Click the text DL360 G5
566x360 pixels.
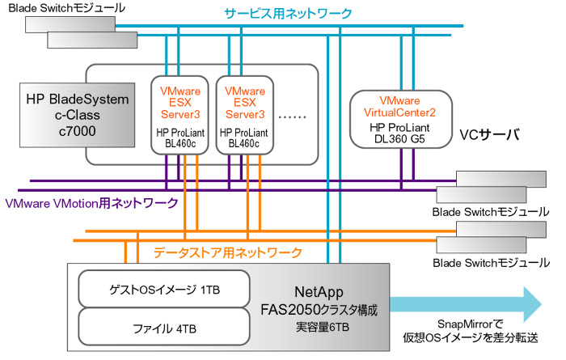pos(399,139)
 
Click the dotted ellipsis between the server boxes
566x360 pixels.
pos(293,116)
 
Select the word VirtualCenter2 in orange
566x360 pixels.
pos(399,112)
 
